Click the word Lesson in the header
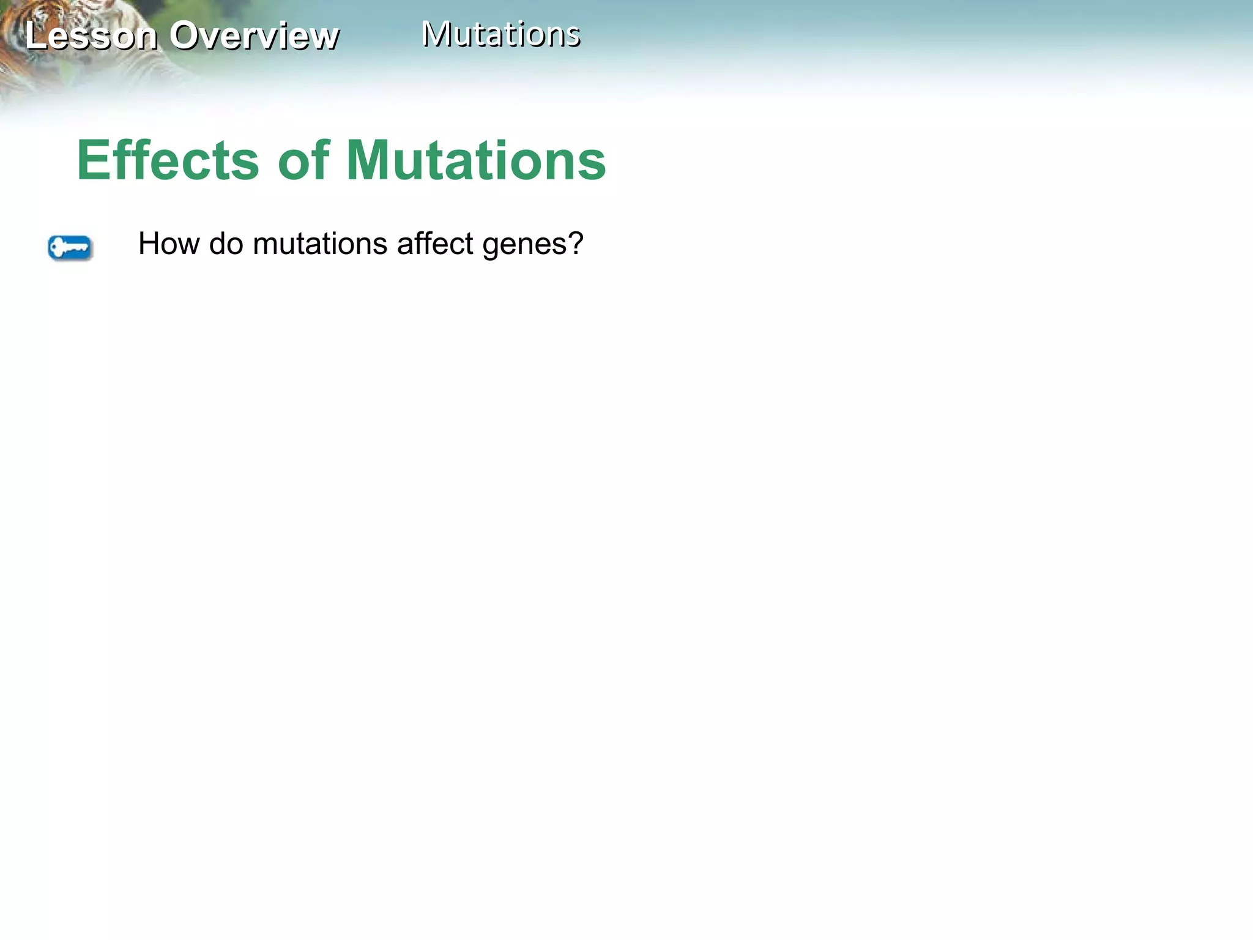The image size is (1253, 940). coord(91,35)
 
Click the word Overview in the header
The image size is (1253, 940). coord(254,35)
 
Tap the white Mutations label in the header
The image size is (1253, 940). coord(500,34)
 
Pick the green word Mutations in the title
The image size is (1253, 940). coord(476,160)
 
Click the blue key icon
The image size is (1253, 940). coord(70,248)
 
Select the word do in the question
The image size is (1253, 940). coord(226,244)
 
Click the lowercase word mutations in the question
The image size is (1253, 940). coord(320,244)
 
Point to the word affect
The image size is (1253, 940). coord(435,244)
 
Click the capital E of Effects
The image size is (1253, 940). coord(92,160)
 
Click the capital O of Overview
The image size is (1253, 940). coord(185,35)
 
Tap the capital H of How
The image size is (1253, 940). coord(151,244)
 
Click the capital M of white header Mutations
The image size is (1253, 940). coord(437,34)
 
